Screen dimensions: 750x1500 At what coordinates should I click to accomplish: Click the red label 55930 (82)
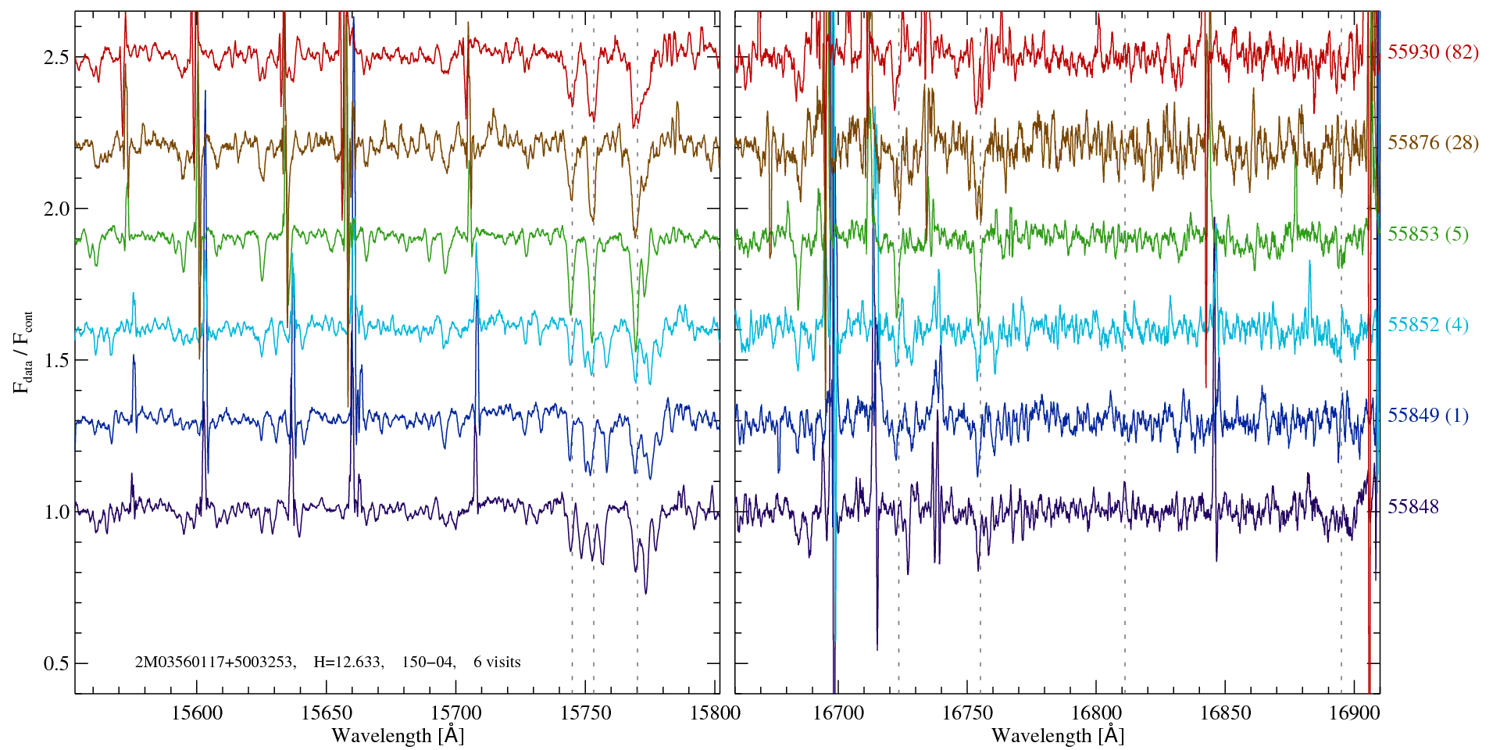(1433, 52)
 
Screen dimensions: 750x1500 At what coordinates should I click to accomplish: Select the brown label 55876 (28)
(1433, 142)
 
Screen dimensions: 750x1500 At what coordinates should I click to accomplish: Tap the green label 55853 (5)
(1427, 234)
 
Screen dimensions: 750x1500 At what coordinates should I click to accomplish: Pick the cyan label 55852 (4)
(1427, 324)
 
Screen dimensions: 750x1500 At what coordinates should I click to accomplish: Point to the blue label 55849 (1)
(1427, 415)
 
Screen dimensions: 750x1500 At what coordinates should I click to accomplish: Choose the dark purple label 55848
(1412, 506)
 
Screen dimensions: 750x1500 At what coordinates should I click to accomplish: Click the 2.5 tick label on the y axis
(56, 58)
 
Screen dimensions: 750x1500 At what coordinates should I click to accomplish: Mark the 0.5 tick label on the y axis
(56, 663)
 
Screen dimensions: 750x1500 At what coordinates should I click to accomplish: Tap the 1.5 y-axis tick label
(56, 360)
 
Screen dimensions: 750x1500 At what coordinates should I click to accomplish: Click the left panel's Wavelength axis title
(398, 735)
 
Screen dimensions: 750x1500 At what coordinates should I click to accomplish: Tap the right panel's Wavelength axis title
(1058, 735)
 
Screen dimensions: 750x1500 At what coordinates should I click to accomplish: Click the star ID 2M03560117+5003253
(215, 662)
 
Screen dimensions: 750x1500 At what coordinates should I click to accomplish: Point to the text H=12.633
(348, 662)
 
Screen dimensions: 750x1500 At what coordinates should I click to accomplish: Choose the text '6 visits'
(497, 662)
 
